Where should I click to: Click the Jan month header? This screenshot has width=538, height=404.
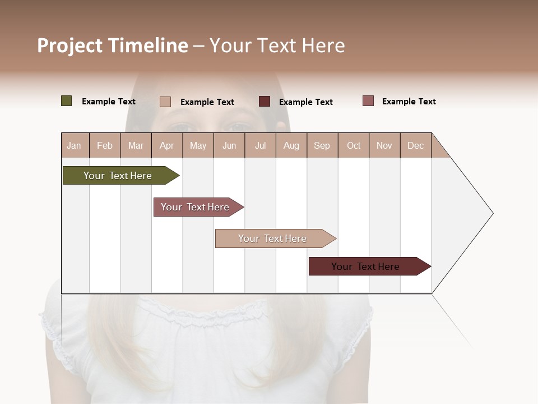74,146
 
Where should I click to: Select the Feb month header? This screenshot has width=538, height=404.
105,146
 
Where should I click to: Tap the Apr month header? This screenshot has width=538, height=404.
166,146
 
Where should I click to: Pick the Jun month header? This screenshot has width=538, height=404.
229,146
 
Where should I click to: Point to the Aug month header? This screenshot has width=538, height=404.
291,146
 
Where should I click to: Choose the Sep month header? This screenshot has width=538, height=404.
322,146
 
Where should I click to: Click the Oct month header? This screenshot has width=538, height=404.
354,146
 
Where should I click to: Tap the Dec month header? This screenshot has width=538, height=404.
416,146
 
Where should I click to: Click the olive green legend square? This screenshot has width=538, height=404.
67,101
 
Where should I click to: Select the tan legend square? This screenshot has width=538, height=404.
165,102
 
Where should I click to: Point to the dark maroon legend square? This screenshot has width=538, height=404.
265,102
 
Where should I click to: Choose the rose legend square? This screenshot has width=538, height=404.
368,101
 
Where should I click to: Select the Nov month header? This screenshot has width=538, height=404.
384,146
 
